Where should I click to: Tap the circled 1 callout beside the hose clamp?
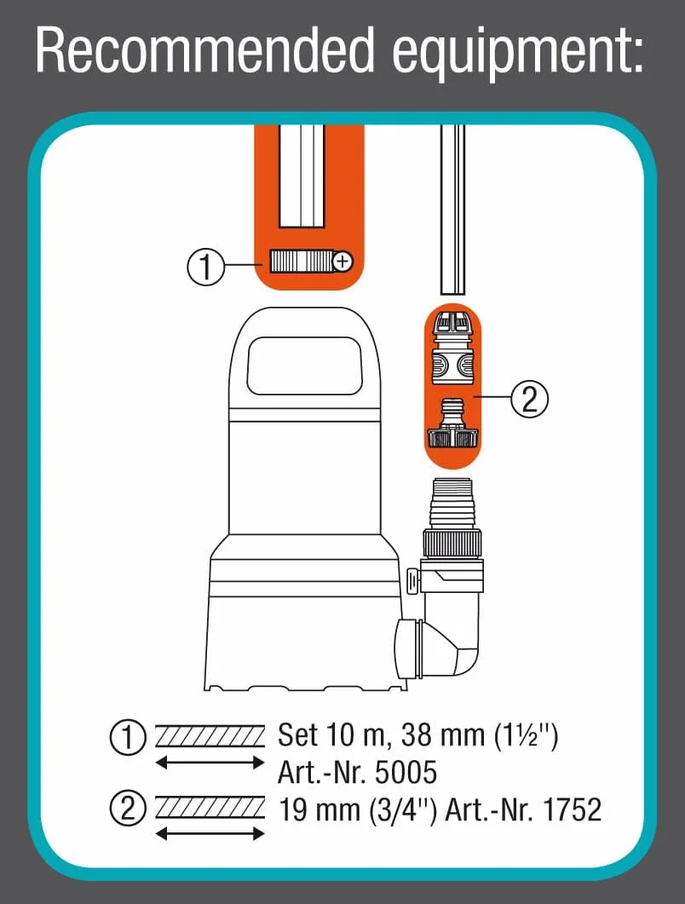pos(206,267)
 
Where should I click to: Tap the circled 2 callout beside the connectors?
pos(529,399)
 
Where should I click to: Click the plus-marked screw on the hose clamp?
pos(343,262)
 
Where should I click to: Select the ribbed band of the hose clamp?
pos(301,262)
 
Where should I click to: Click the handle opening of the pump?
pos(304,366)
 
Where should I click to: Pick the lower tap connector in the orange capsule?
pos(452,424)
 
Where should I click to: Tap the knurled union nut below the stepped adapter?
pos(452,544)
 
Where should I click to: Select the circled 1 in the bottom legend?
pos(128,738)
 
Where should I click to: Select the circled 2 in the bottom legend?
pos(128,809)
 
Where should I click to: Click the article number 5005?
pos(406,773)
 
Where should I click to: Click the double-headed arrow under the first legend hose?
pos(210,763)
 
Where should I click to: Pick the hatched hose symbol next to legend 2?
pos(210,808)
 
